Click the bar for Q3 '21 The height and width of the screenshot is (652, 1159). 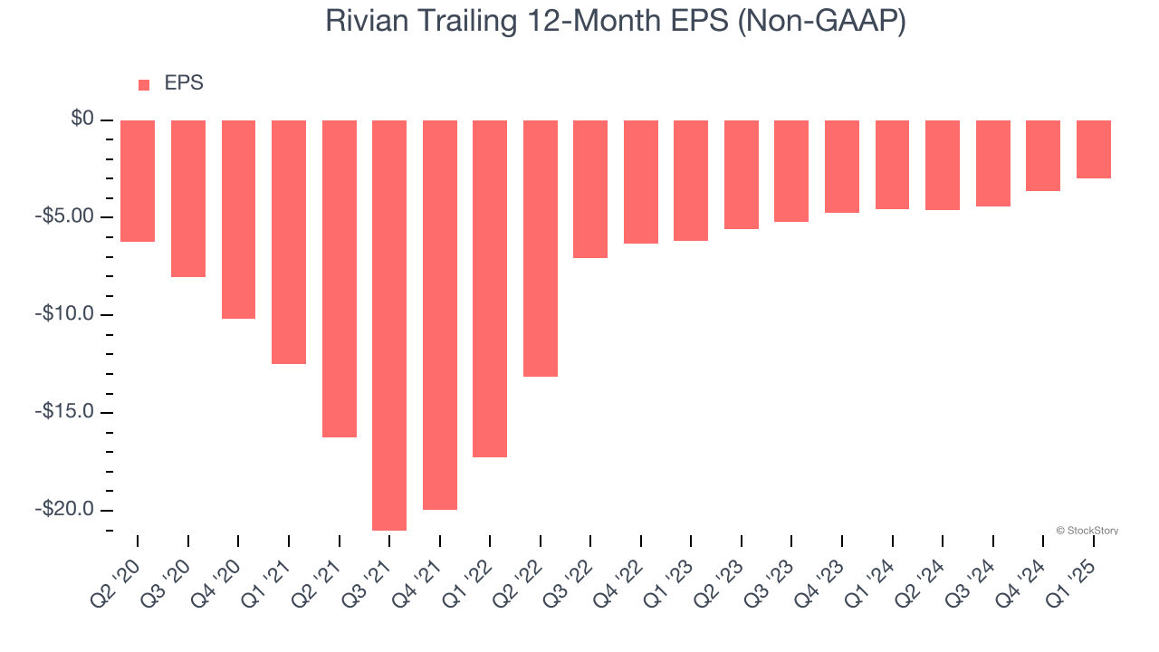(389, 325)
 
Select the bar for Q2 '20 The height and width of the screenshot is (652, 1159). (138, 181)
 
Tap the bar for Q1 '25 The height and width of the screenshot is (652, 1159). (1094, 149)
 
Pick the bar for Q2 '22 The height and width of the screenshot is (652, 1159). (541, 248)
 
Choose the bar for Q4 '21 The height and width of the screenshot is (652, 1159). (440, 315)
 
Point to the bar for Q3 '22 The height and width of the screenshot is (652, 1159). (590, 189)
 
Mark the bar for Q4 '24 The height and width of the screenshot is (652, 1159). (1043, 156)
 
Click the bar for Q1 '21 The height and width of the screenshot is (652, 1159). (289, 242)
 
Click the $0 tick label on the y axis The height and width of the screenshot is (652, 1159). (82, 119)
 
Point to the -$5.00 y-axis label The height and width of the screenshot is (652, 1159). (66, 216)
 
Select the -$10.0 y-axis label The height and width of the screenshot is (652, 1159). (66, 314)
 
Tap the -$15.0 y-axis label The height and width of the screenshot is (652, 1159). (66, 412)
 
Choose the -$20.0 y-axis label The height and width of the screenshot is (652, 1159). (66, 509)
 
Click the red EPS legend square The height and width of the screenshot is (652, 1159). (144, 85)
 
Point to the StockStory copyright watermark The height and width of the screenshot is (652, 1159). (1087, 531)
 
